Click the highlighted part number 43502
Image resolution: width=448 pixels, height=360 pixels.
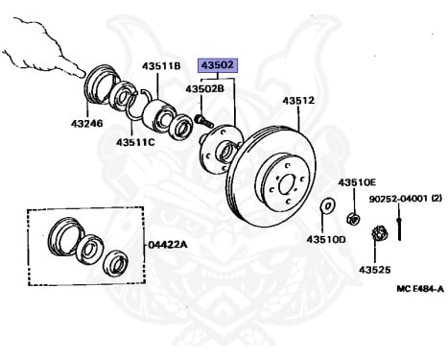click(217, 66)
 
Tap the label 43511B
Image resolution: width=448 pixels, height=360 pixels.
click(162, 66)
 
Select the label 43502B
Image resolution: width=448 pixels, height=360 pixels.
click(205, 89)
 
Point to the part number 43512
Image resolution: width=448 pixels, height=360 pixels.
click(298, 100)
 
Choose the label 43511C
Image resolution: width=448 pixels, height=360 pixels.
click(135, 143)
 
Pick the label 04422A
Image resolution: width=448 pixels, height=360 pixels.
click(169, 245)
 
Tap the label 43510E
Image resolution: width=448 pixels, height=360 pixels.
click(357, 181)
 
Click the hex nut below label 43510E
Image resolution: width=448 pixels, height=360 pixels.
click(353, 217)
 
